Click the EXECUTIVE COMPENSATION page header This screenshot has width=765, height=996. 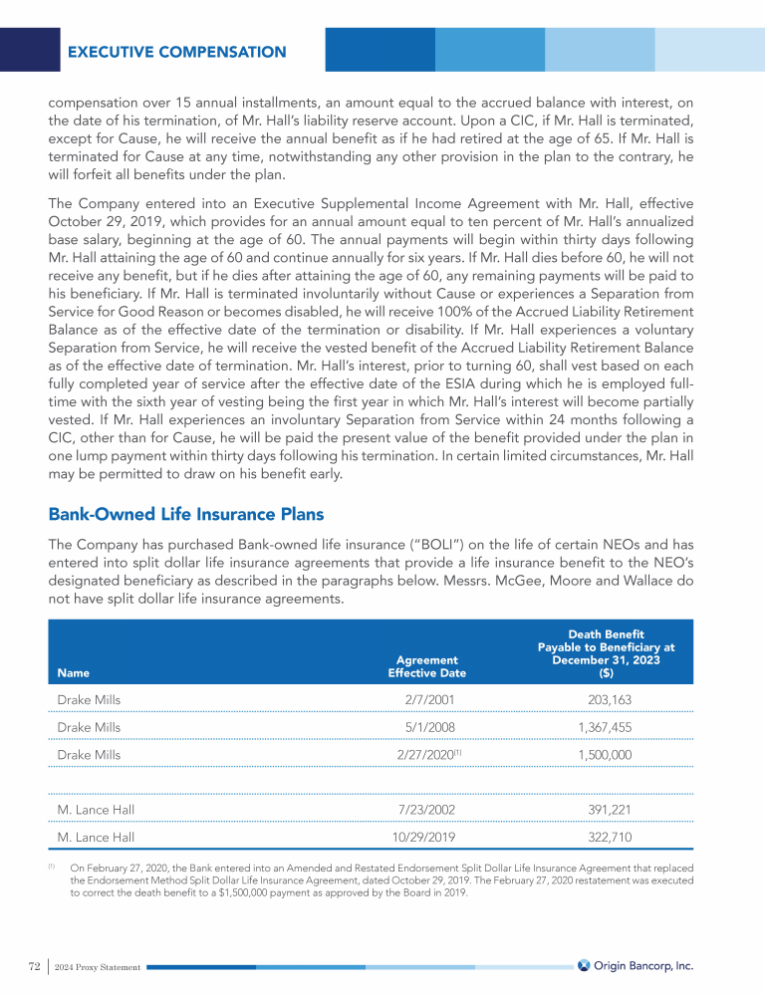click(176, 52)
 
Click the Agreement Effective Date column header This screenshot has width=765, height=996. click(426, 665)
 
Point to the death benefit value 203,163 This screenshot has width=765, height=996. click(605, 700)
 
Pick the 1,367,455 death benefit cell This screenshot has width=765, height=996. click(605, 727)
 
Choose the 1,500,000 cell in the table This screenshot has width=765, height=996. click(605, 755)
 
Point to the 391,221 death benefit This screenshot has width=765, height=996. click(605, 810)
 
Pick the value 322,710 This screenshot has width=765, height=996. click(605, 838)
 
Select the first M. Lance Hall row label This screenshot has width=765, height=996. click(96, 810)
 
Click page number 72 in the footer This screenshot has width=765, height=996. click(33, 966)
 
